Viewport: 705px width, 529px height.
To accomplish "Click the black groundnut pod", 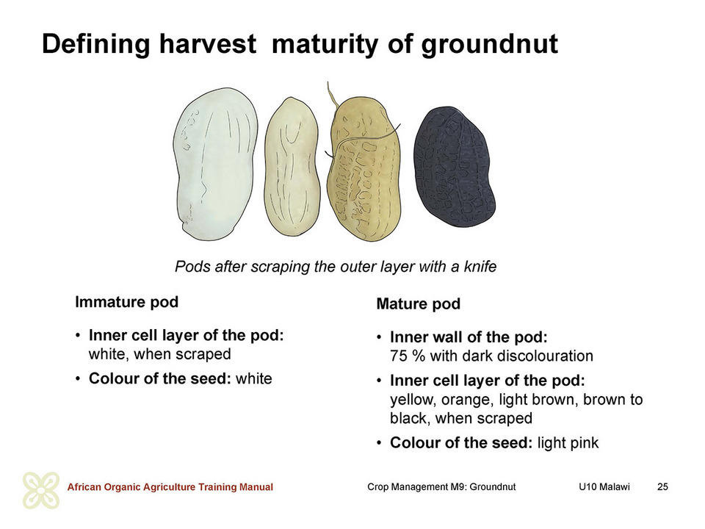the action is pyautogui.click(x=453, y=167).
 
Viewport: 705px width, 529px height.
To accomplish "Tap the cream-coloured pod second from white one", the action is pyautogui.click(x=292, y=167).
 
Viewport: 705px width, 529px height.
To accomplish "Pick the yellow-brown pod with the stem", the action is pyautogui.click(x=364, y=169).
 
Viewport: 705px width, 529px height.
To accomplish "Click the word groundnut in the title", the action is pyautogui.click(x=490, y=45).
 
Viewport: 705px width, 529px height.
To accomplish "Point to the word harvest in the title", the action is pyautogui.click(x=208, y=44).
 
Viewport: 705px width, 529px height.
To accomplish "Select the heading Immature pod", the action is pyautogui.click(x=127, y=302).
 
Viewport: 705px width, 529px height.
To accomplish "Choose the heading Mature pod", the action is pyautogui.click(x=418, y=303).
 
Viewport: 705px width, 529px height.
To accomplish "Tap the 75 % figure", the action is pyautogui.click(x=408, y=356).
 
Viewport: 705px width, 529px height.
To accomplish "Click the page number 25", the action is pyautogui.click(x=662, y=486).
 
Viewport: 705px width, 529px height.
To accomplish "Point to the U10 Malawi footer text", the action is pyautogui.click(x=604, y=486).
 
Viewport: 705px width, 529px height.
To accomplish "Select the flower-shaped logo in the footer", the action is pyautogui.click(x=41, y=490).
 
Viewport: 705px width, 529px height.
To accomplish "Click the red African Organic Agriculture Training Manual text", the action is pyautogui.click(x=170, y=486).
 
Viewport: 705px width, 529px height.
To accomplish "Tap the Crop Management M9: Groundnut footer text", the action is pyautogui.click(x=441, y=486).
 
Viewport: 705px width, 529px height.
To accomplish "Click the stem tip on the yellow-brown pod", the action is pyautogui.click(x=328, y=82).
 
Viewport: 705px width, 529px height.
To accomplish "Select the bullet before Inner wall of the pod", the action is pyautogui.click(x=380, y=337).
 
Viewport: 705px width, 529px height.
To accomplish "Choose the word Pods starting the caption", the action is pyautogui.click(x=192, y=266).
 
